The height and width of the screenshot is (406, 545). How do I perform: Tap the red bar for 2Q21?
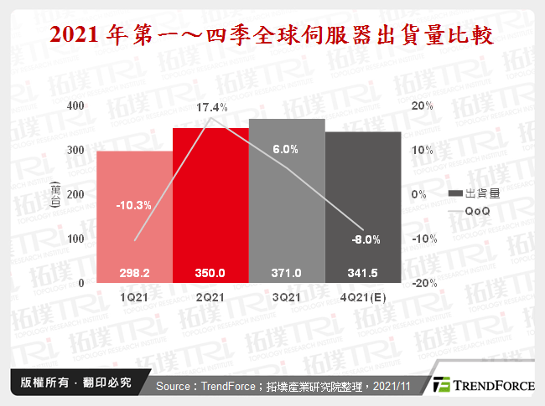coord(210,201)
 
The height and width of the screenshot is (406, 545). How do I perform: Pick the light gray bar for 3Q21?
coord(286,193)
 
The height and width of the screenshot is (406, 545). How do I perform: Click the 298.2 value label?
coord(134,273)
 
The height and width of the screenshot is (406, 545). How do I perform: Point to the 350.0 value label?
coord(210,273)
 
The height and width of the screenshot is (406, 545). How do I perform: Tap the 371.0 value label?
coord(286,273)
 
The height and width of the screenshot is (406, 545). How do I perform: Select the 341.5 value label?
coord(362,273)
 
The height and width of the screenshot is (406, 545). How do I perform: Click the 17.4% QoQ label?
coord(210,108)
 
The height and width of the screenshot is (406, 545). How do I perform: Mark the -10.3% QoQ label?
coord(134,205)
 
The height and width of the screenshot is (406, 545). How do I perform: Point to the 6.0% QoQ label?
coord(286,150)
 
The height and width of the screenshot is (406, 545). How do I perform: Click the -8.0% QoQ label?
coord(362,239)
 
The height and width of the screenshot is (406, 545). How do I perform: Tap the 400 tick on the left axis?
coord(75,106)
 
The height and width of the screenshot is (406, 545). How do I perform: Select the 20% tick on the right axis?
coord(422,106)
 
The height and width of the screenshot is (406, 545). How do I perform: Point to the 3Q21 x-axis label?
coord(286,296)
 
